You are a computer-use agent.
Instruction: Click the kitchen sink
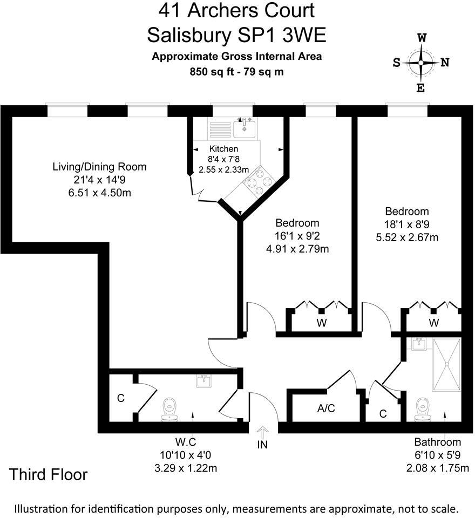pyautogui.click(x=245, y=128)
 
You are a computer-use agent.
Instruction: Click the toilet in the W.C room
pyautogui.click(x=169, y=410)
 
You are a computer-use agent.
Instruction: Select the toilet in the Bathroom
pyautogui.click(x=423, y=409)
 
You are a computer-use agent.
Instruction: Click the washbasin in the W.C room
pyautogui.click(x=204, y=381)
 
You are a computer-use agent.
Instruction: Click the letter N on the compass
pyautogui.click(x=445, y=62)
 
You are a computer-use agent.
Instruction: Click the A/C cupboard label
pyautogui.click(x=326, y=408)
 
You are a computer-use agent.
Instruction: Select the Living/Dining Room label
pyautogui.click(x=99, y=167)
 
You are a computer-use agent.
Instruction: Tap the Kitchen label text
pyautogui.click(x=223, y=149)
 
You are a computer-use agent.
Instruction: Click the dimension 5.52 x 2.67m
pyautogui.click(x=407, y=236)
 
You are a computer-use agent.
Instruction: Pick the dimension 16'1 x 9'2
pyautogui.click(x=297, y=236)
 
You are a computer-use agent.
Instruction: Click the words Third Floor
pyautogui.click(x=49, y=475)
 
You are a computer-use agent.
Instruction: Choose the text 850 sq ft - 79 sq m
pyautogui.click(x=237, y=71)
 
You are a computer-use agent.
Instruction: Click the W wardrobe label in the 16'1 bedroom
pyautogui.click(x=322, y=323)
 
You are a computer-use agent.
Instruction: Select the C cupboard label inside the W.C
pyautogui.click(x=121, y=399)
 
